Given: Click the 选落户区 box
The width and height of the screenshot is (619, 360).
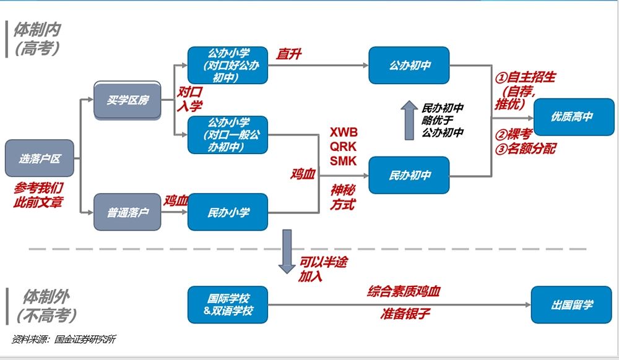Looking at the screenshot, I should [x=40, y=158].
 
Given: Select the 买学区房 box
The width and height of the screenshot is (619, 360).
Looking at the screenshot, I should [x=128, y=100].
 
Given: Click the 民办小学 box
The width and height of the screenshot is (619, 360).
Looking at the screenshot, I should [x=228, y=213].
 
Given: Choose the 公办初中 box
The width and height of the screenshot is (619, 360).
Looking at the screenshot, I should [x=409, y=65].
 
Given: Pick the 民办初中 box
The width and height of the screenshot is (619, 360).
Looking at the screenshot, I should [x=409, y=176].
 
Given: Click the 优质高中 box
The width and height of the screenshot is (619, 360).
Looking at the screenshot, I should [x=574, y=116].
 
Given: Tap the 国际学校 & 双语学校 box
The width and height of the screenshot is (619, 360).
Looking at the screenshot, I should [x=228, y=304].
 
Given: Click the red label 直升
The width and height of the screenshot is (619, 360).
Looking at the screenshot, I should [x=289, y=54].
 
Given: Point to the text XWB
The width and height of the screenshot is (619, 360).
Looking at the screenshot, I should [x=344, y=132].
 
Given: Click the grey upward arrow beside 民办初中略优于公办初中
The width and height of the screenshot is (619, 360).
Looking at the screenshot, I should [x=409, y=120].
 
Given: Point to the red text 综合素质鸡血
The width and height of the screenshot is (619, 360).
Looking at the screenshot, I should [x=404, y=291].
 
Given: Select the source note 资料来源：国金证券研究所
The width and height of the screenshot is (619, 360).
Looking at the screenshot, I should [x=64, y=340].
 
